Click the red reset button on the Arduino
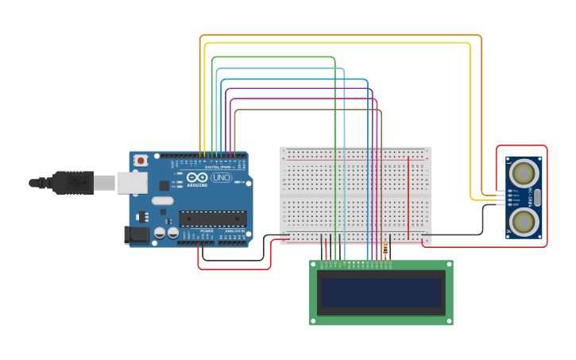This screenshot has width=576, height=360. [141, 161]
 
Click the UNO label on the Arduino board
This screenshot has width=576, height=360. [221, 177]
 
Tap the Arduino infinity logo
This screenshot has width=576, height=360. [197, 177]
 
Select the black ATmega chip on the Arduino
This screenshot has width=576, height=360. [212, 219]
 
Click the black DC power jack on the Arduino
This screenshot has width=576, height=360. [136, 234]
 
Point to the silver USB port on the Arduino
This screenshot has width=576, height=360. [132, 183]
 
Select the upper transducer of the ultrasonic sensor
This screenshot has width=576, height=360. [524, 172]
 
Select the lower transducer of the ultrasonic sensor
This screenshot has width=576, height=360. [524, 222]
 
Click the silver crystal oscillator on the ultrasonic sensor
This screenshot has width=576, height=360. [538, 197]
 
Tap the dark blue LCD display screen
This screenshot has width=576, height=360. [381, 292]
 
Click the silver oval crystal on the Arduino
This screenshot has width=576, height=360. [162, 201]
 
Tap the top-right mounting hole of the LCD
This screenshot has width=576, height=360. [448, 265]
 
